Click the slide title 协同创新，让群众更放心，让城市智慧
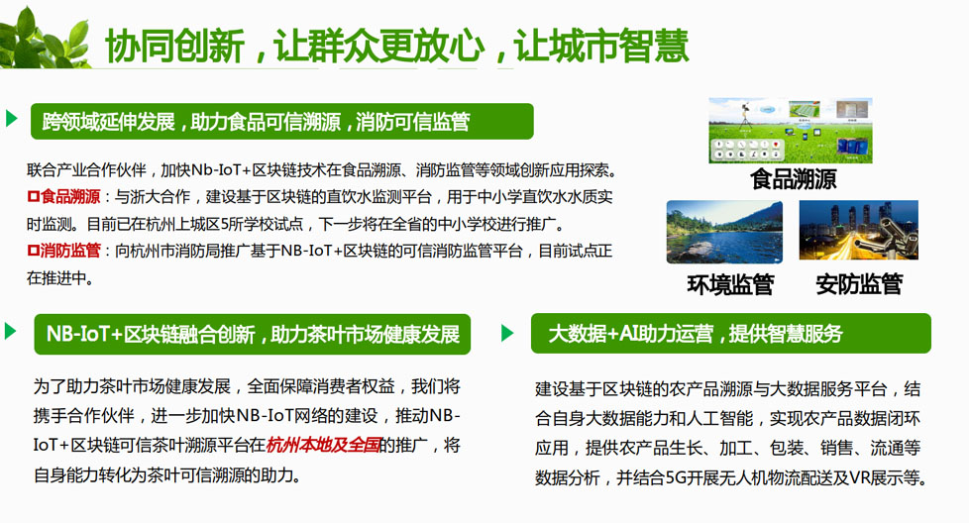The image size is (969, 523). pyautogui.click(x=396, y=46)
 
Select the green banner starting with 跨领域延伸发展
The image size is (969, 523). pyautogui.click(x=281, y=121)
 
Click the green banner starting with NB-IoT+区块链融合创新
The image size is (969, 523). pyautogui.click(x=252, y=334)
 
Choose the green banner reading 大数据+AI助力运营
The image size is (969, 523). pyautogui.click(x=730, y=334)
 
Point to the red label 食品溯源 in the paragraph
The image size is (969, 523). pyautogui.click(x=63, y=197)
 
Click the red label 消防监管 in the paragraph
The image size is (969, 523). pyautogui.click(x=63, y=251)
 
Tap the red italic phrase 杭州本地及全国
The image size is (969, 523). pyautogui.click(x=323, y=445)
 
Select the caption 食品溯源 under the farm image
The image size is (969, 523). pyautogui.click(x=793, y=179)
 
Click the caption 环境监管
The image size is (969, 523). pyautogui.click(x=730, y=284)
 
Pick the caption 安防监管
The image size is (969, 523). pyautogui.click(x=859, y=284)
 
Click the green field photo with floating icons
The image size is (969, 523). pyautogui.click(x=791, y=131)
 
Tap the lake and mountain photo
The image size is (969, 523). pyautogui.click(x=724, y=232)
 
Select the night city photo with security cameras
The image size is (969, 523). pyautogui.click(x=858, y=230)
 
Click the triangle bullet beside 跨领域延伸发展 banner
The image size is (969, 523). pyautogui.click(x=11, y=118)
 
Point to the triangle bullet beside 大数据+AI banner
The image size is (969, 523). pyautogui.click(x=507, y=333)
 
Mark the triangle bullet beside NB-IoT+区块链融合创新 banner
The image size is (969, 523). pyautogui.click(x=11, y=331)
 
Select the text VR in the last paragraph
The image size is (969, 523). pyautogui.click(x=860, y=477)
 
